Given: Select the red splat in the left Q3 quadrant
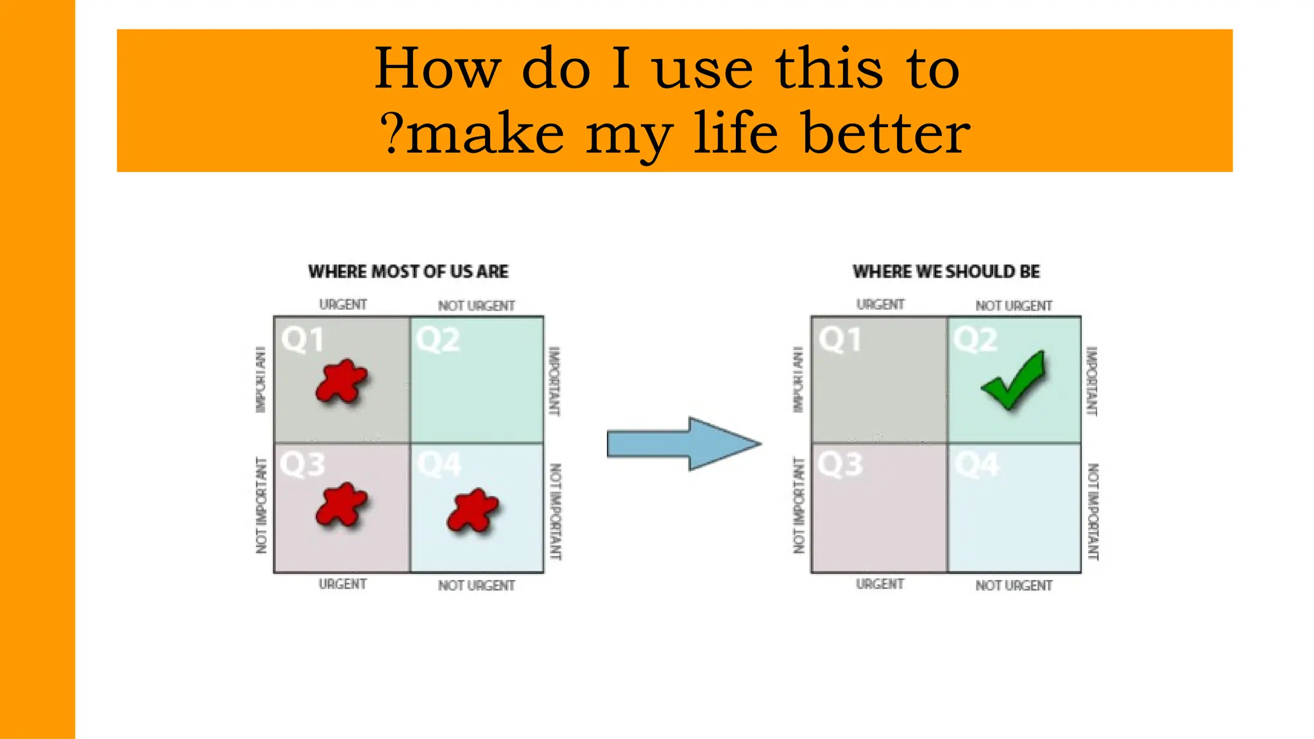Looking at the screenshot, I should [x=341, y=505].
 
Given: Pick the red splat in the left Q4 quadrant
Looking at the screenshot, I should [x=473, y=511].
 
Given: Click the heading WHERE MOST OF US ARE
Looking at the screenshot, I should [x=408, y=271].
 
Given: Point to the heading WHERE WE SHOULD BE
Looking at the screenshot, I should [x=946, y=271].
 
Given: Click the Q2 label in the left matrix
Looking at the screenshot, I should [x=438, y=339].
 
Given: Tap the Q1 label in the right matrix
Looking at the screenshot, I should [x=839, y=339].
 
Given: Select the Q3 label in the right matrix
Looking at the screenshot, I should [x=840, y=463].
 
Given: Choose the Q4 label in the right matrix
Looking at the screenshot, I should [x=977, y=464].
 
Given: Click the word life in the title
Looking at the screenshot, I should [x=736, y=133].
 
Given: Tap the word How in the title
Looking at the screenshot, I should [x=436, y=69].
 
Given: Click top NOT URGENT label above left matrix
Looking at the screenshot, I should [x=476, y=306].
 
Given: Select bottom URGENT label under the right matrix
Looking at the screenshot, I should [x=880, y=584].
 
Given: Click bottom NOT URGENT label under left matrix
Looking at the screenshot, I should [x=476, y=586].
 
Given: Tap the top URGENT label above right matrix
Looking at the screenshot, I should [x=880, y=305].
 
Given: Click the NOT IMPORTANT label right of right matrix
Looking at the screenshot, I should [x=1093, y=511].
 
